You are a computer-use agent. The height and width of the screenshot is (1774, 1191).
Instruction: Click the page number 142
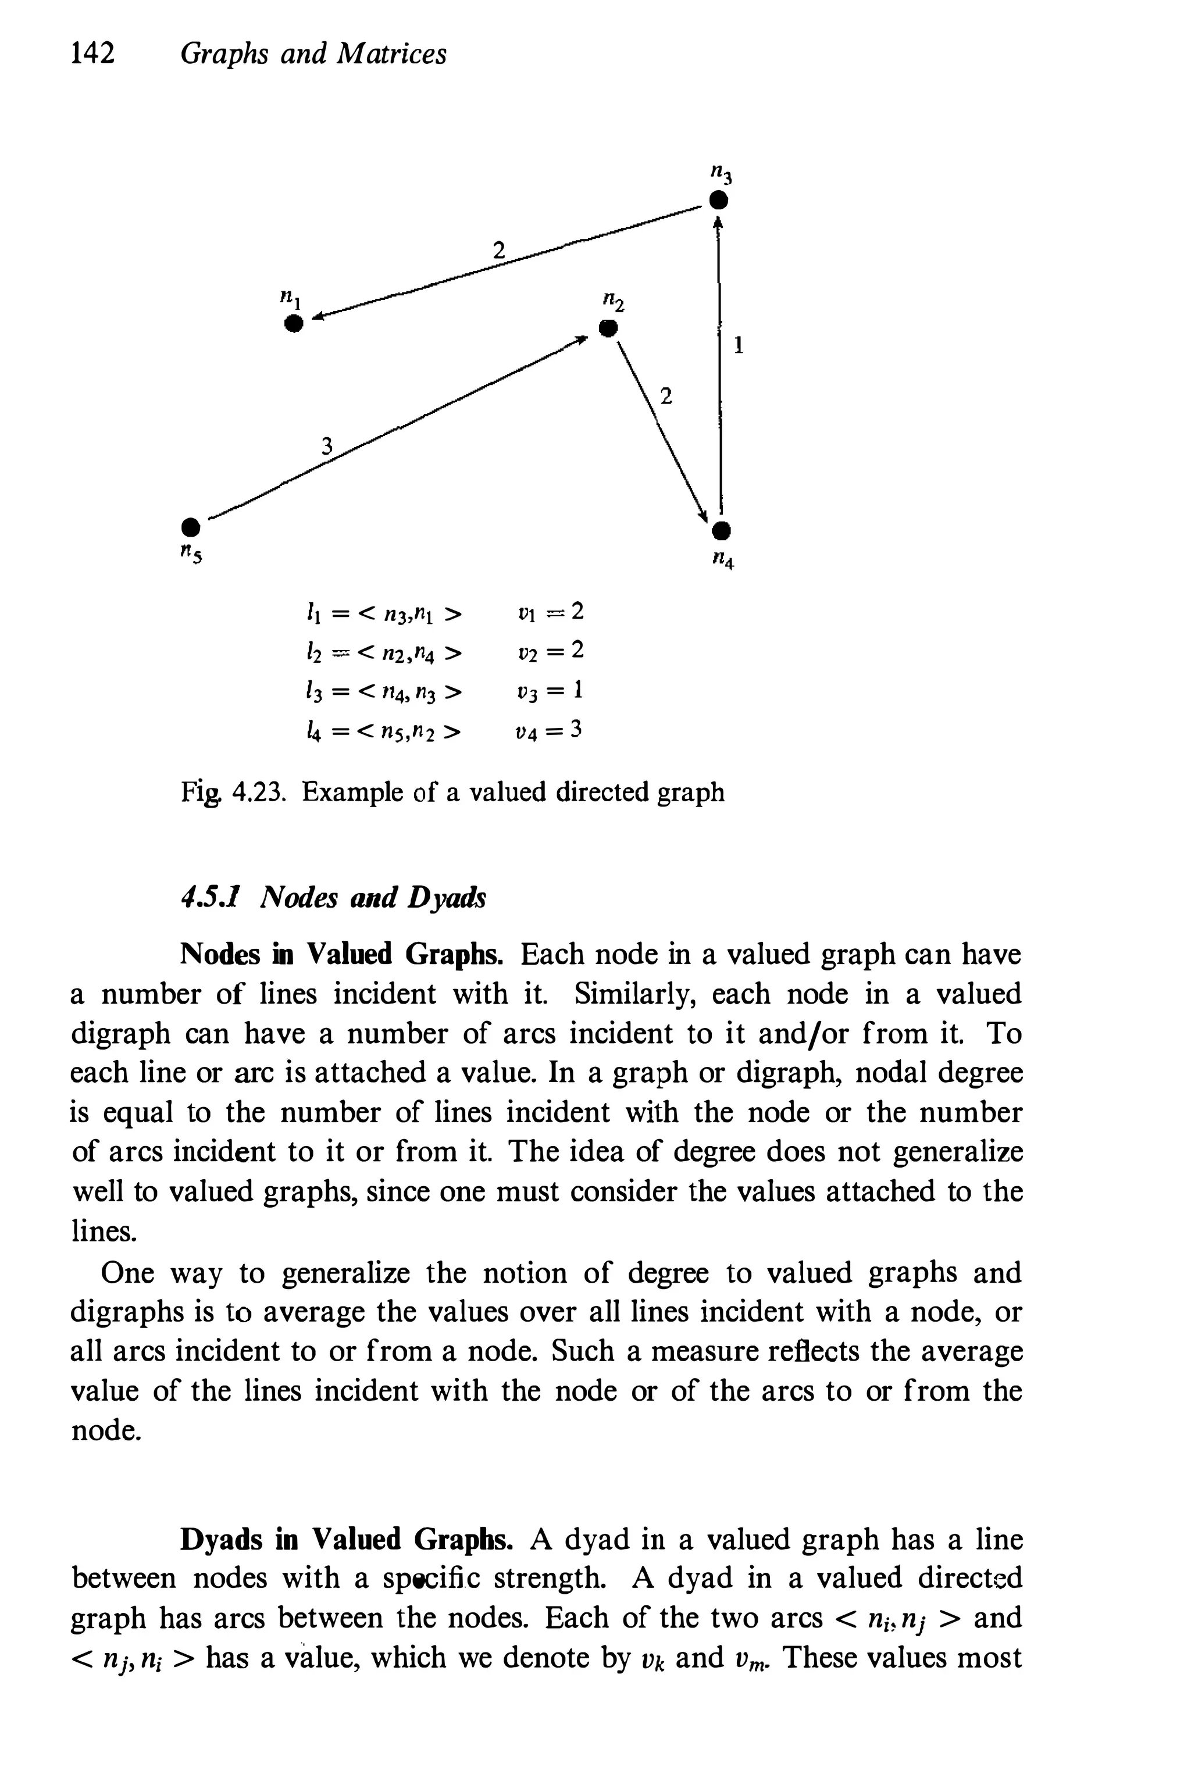click(x=92, y=53)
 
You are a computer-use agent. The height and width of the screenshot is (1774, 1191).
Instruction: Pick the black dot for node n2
click(x=608, y=330)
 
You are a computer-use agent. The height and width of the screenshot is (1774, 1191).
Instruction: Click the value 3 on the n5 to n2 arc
click(x=327, y=446)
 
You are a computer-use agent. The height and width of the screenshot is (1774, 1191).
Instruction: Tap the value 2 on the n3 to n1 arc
click(x=498, y=250)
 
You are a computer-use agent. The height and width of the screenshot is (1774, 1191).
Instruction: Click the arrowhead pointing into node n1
click(x=320, y=317)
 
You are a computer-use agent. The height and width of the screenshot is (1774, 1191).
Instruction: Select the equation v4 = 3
click(x=548, y=730)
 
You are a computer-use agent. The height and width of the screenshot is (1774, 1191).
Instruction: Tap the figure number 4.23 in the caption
click(x=258, y=792)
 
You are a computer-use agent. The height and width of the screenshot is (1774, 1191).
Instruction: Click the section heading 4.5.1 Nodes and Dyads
click(x=333, y=897)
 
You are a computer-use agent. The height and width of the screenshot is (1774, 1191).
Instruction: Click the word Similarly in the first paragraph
click(x=636, y=993)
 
